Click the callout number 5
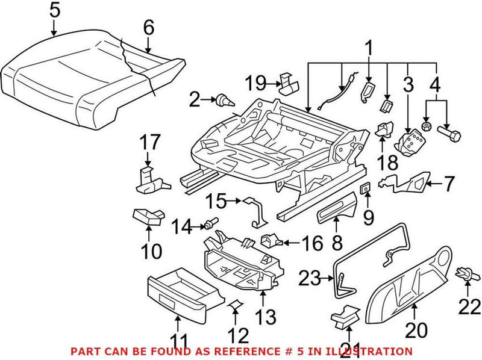(x=54, y=10)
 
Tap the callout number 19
(x=255, y=82)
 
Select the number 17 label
(x=151, y=143)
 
